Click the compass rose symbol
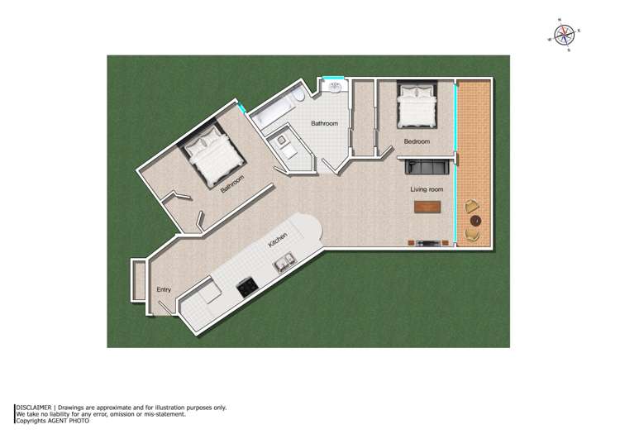click(x=565, y=34)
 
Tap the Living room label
click(x=427, y=189)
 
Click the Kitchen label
click(x=278, y=241)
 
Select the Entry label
click(x=164, y=289)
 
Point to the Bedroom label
click(x=417, y=141)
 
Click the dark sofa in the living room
click(x=427, y=167)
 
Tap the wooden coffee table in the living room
click(x=427, y=207)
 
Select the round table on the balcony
click(x=475, y=221)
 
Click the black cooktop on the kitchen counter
click(x=246, y=287)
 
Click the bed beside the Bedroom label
click(x=417, y=107)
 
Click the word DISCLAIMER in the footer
click(x=35, y=408)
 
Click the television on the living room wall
click(x=429, y=243)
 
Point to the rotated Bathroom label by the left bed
click(x=232, y=184)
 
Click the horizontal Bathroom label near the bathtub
click(x=324, y=123)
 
